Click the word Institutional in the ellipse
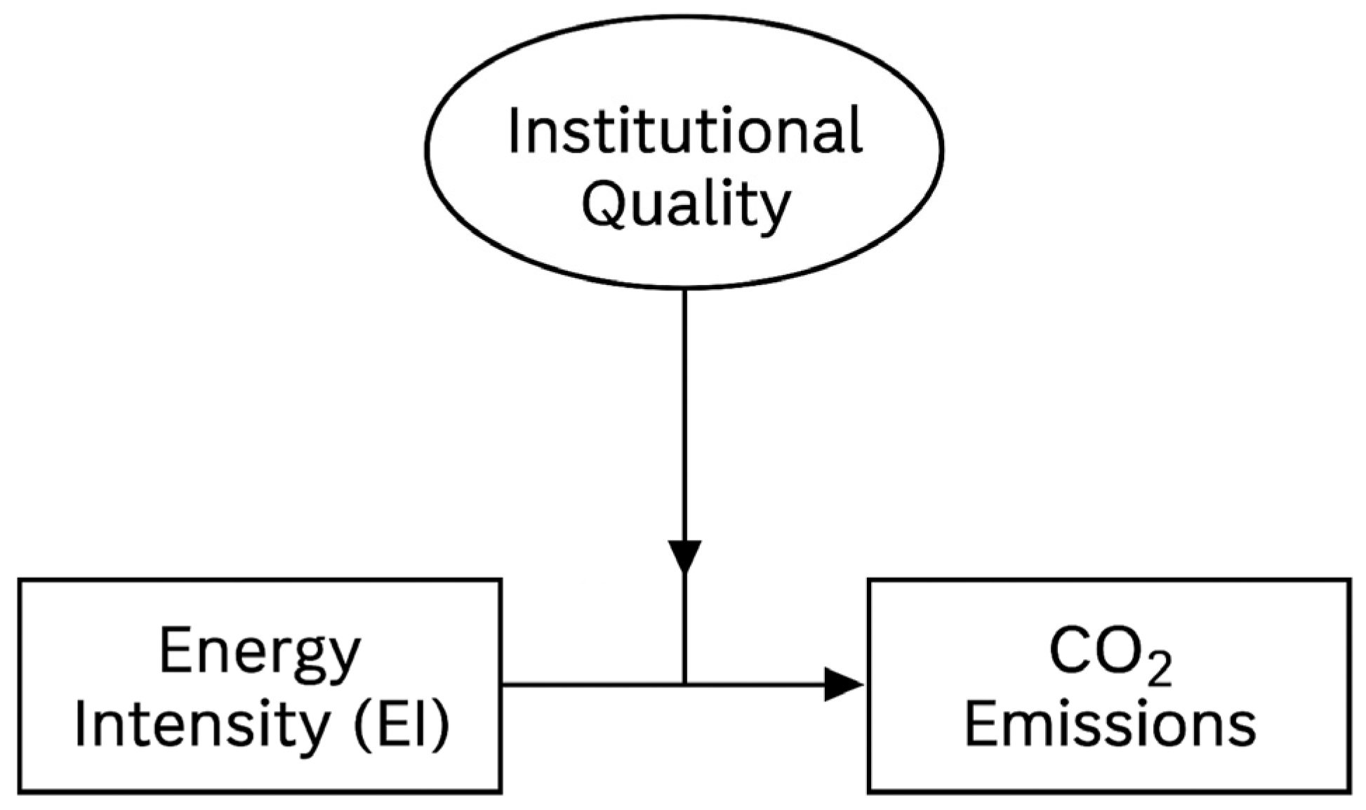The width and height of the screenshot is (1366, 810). [684, 131]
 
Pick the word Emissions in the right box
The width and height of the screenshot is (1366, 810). [1110, 724]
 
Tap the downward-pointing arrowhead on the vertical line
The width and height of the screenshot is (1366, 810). [684, 556]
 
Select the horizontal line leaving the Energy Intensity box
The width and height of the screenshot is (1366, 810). [590, 684]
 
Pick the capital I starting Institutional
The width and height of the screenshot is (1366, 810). [513, 131]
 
